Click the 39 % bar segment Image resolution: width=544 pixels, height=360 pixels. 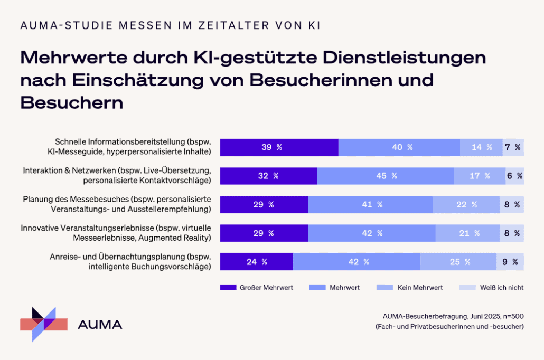pos(279,147)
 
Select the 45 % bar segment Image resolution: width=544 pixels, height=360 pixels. pos(385,176)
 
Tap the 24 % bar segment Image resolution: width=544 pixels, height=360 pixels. pos(256,261)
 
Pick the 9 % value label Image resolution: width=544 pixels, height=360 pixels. pos(510,261)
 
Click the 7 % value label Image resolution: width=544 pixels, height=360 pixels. pos(513,147)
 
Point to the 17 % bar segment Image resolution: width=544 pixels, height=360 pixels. pos(479,176)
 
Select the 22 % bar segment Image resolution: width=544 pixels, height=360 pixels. pos(466,204)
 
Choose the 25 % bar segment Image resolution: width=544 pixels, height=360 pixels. pos(458,261)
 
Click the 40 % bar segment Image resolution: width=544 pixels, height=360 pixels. pos(399,147)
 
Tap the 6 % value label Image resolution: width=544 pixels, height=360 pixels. pos(514,176)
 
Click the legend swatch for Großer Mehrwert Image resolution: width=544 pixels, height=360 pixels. pos(228,288)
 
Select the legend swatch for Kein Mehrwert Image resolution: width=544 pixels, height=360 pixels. pos(384,288)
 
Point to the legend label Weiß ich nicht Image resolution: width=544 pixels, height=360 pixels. pos(502,288)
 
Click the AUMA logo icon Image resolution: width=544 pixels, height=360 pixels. pos(44,324)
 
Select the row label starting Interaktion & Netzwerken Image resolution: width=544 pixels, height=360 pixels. pos(117,175)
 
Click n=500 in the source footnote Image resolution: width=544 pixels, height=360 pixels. pos(510,316)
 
